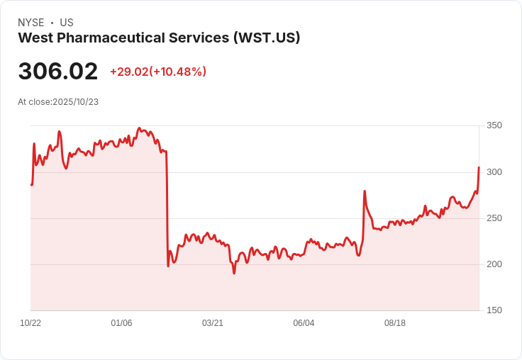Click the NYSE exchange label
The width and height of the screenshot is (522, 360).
coord(30,23)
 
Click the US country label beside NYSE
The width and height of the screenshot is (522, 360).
coord(67,23)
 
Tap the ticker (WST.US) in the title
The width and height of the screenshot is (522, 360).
coord(267,38)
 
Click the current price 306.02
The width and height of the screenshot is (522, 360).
coord(58,72)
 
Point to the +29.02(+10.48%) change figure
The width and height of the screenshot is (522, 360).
coord(158,72)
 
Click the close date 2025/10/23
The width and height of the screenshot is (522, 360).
coord(75,102)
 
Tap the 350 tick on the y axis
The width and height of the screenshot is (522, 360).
coord(494,125)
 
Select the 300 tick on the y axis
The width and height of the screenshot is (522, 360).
coord(494,172)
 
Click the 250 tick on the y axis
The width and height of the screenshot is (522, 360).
coord(494,218)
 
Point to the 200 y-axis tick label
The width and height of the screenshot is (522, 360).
coord(494,264)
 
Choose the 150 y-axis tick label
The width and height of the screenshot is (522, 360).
coord(494,310)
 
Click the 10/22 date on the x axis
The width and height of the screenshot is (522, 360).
coord(30,323)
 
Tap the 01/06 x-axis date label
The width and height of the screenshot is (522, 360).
coord(121,323)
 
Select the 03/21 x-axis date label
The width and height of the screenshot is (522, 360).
coord(213,323)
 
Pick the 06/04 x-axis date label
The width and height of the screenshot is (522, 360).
coord(304,323)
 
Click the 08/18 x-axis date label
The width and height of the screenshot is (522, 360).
coord(395,323)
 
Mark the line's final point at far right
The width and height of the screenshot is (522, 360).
coord(479,167)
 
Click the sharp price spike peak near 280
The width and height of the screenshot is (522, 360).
coord(365,191)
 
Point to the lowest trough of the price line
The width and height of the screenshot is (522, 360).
coord(234,273)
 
